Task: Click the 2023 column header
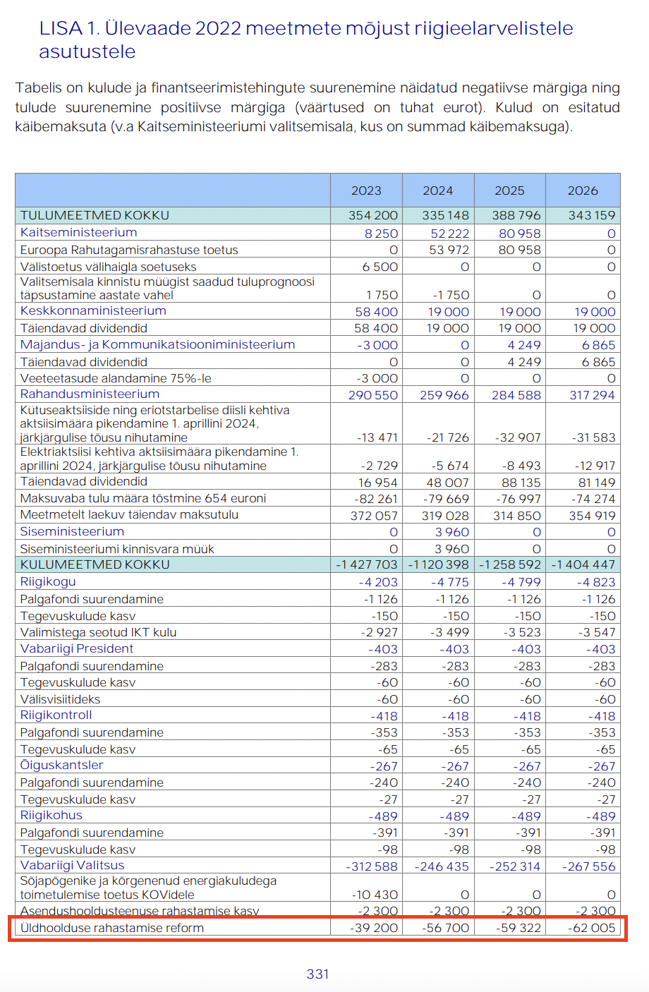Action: coord(366,190)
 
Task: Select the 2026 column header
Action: coord(583,190)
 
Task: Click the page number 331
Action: coord(318,974)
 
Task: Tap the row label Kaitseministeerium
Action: coord(79,233)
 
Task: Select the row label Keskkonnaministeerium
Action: coord(93,311)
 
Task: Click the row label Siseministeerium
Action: coord(72,532)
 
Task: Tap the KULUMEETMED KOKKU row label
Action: coord(95,564)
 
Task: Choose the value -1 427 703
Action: coord(367,564)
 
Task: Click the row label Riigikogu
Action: coord(48,582)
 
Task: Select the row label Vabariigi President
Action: coord(77,649)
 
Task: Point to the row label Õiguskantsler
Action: coord(62,766)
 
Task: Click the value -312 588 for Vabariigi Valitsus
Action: coord(372,866)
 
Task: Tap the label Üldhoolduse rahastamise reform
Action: coord(112,928)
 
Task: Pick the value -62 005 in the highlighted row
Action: coord(592,928)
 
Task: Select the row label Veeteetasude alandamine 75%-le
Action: coord(116,378)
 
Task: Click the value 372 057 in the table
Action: coord(375,516)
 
